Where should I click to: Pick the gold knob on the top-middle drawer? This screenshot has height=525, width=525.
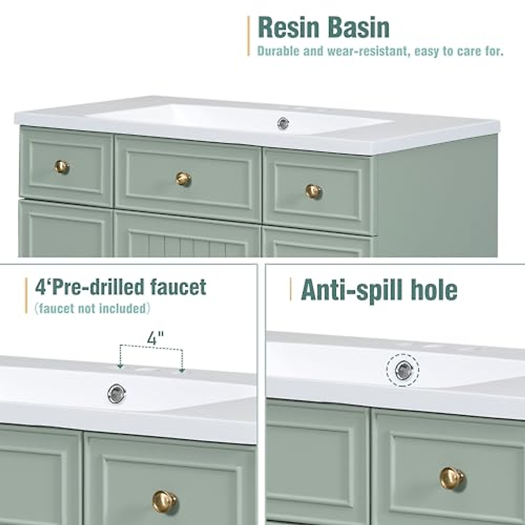(x=184, y=178)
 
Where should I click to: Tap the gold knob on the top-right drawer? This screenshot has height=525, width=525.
(x=313, y=191)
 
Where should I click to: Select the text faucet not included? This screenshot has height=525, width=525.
(x=92, y=309)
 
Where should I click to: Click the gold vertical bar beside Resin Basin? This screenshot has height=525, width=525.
(x=248, y=36)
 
